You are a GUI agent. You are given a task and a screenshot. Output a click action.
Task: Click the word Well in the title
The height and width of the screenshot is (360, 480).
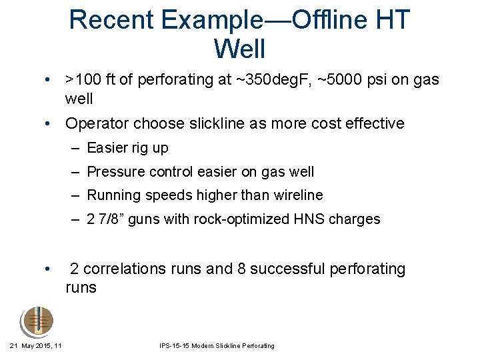tap(239, 49)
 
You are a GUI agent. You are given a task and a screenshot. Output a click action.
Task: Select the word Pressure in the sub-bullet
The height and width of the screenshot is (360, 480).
tap(111, 172)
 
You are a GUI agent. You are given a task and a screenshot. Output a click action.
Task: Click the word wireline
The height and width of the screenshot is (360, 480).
tap(298, 195)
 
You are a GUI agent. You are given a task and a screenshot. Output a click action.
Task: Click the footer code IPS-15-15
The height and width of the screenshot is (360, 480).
tap(175, 346)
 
